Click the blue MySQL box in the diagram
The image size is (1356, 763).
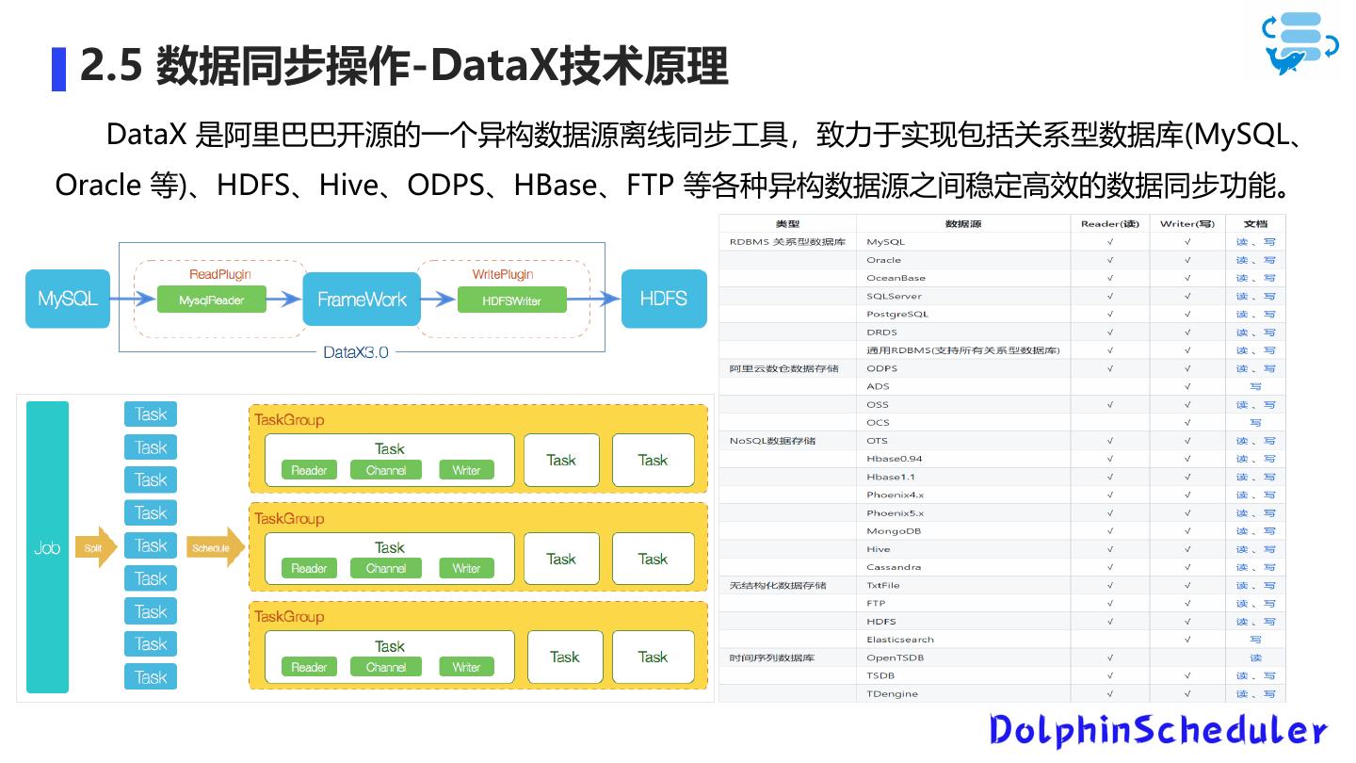68,299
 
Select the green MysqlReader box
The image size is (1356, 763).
211,300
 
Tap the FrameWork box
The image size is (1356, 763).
362,300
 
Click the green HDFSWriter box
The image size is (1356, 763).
511,300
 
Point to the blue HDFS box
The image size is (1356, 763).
663,299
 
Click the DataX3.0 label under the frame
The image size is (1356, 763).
355,352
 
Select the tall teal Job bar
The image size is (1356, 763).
47,547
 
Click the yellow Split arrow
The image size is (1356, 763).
95,547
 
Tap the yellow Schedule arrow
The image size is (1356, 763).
214,547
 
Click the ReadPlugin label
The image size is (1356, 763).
219,274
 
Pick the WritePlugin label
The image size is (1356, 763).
502,274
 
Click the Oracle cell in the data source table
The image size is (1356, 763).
883,260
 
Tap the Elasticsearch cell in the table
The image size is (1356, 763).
899,640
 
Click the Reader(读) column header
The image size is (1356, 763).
1109,224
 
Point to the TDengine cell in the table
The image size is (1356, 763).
892,694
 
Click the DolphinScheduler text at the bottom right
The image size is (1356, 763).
1157,730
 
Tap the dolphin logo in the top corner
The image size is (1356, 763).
1300,42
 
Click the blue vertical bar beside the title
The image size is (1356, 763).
58,69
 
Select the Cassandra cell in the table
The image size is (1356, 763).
894,567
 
